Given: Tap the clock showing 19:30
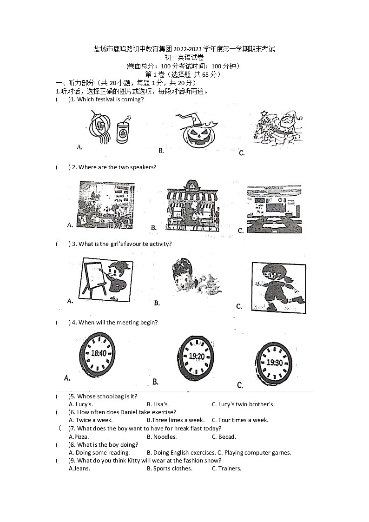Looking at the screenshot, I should [x=274, y=363].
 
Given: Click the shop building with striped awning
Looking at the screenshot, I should [x=191, y=205].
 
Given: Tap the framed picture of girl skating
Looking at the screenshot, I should [x=278, y=287].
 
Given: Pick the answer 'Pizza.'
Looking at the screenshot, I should [x=79, y=437].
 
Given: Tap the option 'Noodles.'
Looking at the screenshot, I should [x=161, y=437].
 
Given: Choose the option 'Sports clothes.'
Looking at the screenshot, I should [x=169, y=469].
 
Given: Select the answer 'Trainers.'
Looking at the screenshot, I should [x=226, y=469].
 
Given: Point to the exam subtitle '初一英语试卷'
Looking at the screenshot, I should [x=184, y=58].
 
